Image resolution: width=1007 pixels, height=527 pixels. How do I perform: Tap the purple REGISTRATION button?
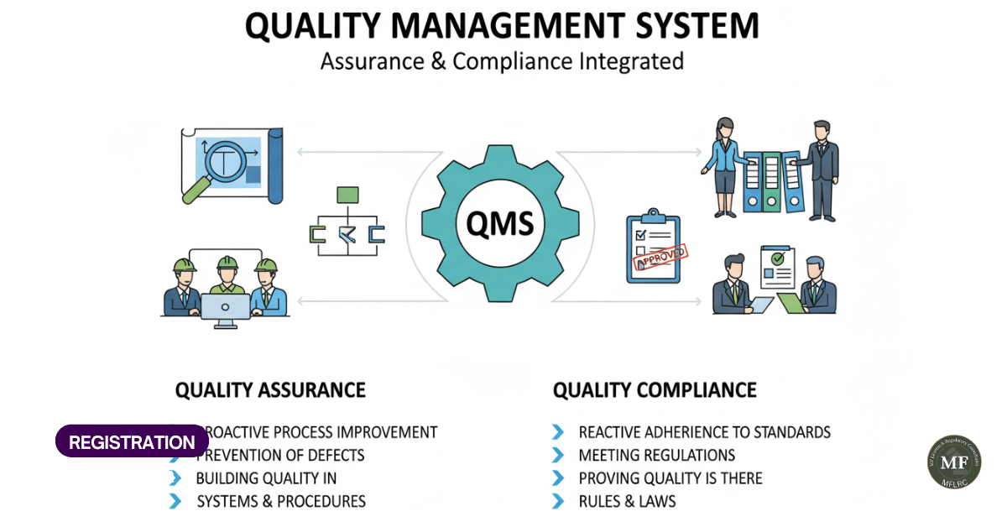click(132, 441)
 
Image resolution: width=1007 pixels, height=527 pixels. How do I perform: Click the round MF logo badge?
click(953, 462)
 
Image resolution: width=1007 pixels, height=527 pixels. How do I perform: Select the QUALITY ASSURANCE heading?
click(270, 390)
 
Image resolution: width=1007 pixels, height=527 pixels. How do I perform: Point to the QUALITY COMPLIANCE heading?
click(655, 390)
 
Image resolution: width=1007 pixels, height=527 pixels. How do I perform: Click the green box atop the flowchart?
click(347, 196)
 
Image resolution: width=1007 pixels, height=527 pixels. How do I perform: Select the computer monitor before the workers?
click(225, 307)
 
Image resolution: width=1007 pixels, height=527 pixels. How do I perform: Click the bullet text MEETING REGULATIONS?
click(657, 456)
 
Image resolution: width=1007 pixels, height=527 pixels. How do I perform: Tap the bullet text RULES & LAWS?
click(627, 502)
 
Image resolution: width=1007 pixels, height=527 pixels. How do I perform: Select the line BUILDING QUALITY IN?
click(266, 478)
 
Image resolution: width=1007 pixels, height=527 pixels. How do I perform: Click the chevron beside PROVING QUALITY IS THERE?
click(558, 478)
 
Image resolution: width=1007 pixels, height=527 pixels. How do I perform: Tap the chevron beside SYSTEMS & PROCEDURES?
click(175, 502)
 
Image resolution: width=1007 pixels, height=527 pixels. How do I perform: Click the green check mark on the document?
click(778, 258)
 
